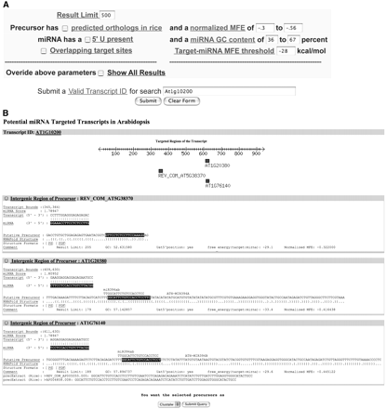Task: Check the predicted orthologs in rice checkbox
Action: tap(67, 30)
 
